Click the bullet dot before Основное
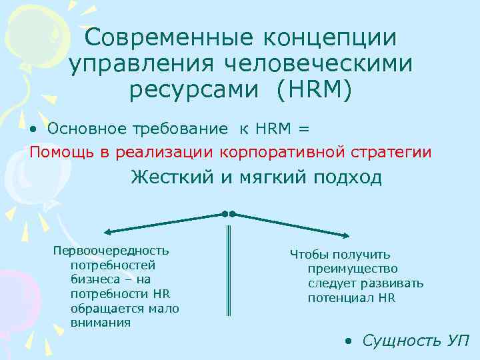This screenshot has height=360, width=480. pyautogui.click(x=33, y=127)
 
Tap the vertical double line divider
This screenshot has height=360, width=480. pyautogui.click(x=229, y=270)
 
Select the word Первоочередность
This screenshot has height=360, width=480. pyautogui.click(x=111, y=251)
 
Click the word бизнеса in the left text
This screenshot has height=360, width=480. pyautogui.click(x=92, y=279)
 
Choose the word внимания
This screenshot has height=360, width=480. pyautogui.click(x=100, y=323)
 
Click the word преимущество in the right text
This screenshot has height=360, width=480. pyautogui.click(x=353, y=269)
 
